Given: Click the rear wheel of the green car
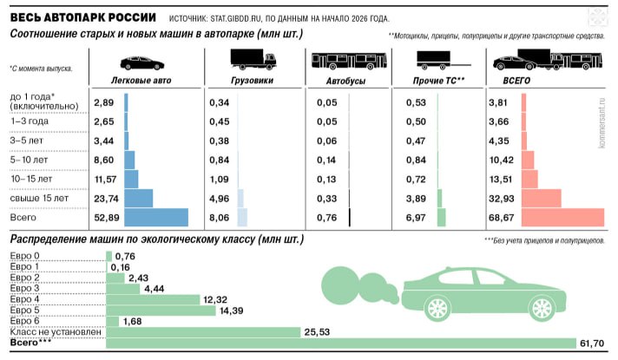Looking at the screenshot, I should coord(540,306).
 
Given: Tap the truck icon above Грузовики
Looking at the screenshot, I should coord(253,59).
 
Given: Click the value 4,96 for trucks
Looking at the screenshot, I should coord(219,198).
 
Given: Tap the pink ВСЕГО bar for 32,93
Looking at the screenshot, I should coord(539,198).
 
